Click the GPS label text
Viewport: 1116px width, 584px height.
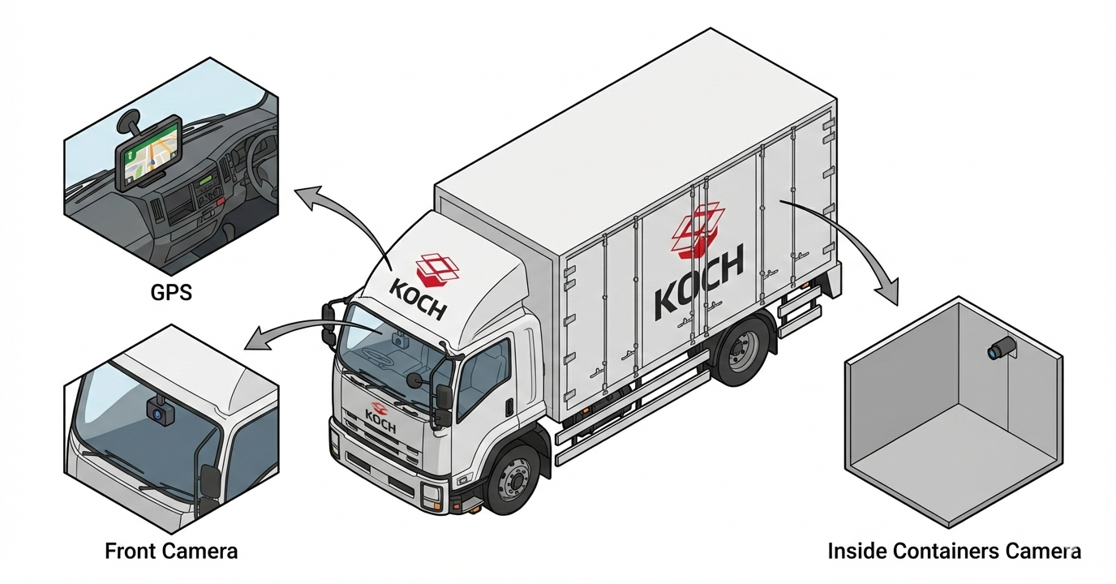pyautogui.click(x=171, y=292)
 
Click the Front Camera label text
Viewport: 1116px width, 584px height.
pyautogui.click(x=171, y=552)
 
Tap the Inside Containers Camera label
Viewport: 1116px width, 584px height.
pyautogui.click(x=954, y=552)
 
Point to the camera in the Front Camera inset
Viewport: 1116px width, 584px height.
pyautogui.click(x=161, y=412)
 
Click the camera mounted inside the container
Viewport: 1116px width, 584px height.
pyautogui.click(x=1001, y=349)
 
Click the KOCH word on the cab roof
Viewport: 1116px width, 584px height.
pyautogui.click(x=418, y=296)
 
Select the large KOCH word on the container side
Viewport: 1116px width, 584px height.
pyautogui.click(x=698, y=285)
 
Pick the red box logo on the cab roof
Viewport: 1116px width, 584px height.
pyautogui.click(x=436, y=269)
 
